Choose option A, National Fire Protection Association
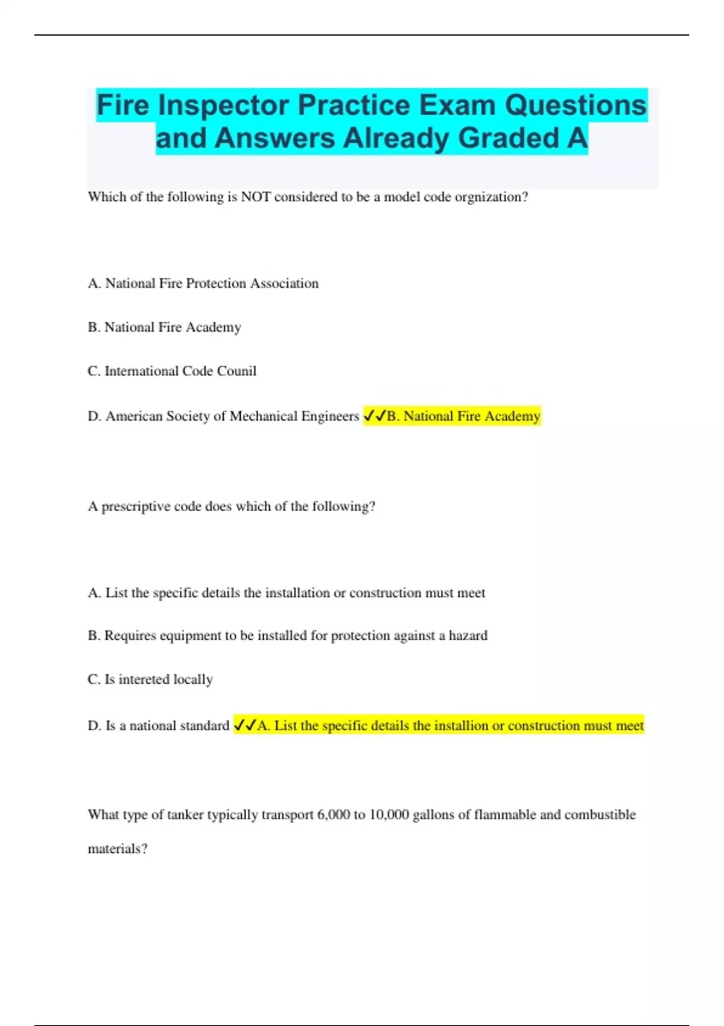pos(203,284)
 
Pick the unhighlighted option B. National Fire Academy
pos(164,327)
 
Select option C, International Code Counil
pos(172,371)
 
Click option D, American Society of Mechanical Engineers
pos(223,416)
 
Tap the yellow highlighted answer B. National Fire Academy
pos(463,416)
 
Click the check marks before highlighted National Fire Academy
pos(374,416)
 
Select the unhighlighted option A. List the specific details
pos(286,593)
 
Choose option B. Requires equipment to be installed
pos(287,636)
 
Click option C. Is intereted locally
pos(150,680)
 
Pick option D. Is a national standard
pos(158,725)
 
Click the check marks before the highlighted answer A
pos(245,725)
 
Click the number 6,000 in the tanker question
pos(333,815)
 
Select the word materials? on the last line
pos(118,849)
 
